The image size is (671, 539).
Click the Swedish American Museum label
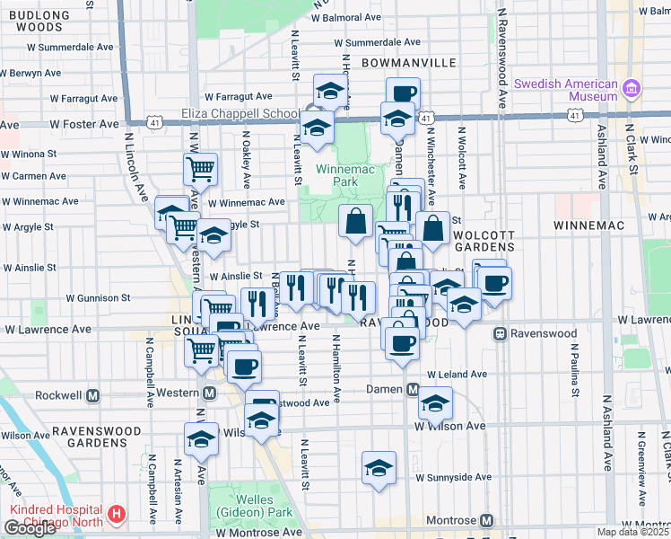click(565, 90)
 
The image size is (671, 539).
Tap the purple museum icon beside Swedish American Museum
click(632, 89)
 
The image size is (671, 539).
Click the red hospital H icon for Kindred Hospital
click(116, 516)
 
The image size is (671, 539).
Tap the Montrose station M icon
click(487, 521)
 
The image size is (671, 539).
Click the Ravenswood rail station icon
click(500, 333)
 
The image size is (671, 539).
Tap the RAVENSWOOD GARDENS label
click(94, 431)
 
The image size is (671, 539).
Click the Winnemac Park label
click(336, 175)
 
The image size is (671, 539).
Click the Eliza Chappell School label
click(240, 114)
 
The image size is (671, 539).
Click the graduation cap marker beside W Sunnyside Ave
click(379, 468)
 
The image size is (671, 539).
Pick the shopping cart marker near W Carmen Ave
click(201, 168)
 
